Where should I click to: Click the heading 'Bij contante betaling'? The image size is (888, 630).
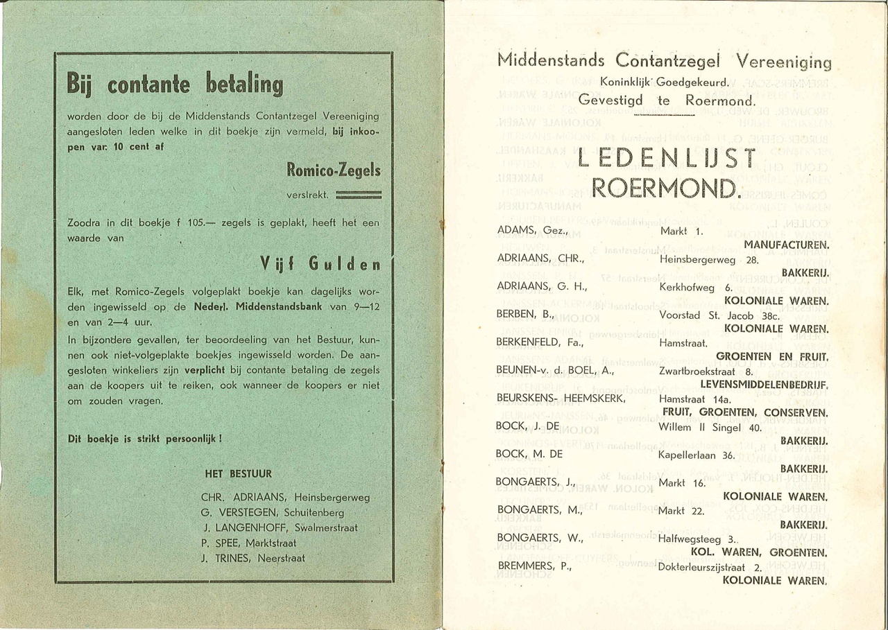[175, 85]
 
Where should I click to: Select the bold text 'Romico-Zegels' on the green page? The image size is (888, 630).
[334, 170]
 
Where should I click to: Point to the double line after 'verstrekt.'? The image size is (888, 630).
[358, 195]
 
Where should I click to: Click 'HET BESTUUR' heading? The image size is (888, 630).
[238, 475]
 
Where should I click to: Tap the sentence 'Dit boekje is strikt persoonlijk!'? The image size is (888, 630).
[145, 439]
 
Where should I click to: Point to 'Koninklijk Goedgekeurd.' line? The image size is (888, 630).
[664, 83]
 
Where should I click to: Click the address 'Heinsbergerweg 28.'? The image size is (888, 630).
[710, 259]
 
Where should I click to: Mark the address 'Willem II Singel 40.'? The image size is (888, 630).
[710, 427]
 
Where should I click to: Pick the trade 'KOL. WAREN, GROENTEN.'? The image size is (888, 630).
[758, 552]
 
